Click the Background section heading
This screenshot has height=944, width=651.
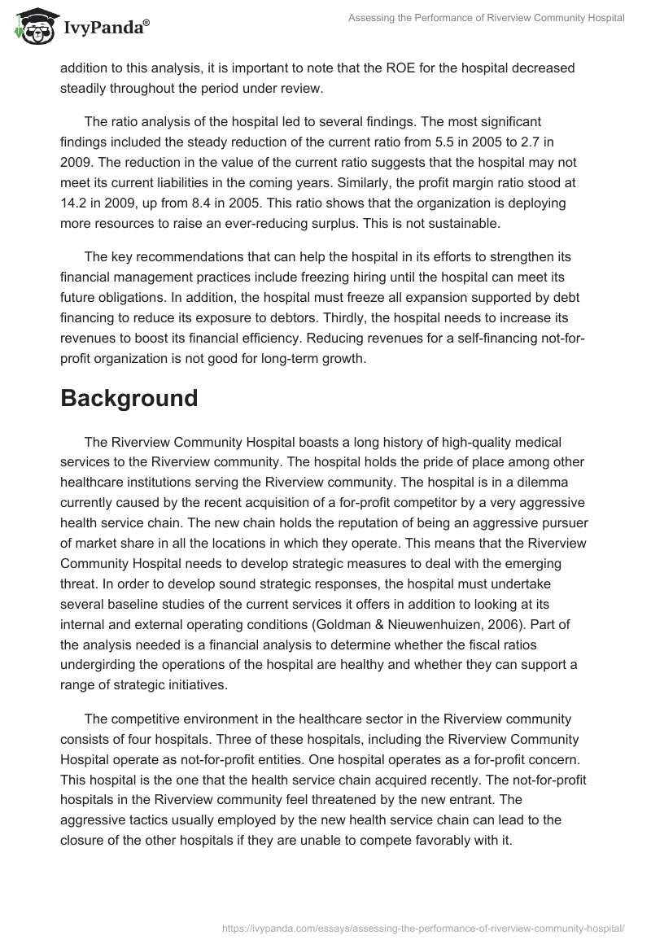pyautogui.click(x=129, y=398)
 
